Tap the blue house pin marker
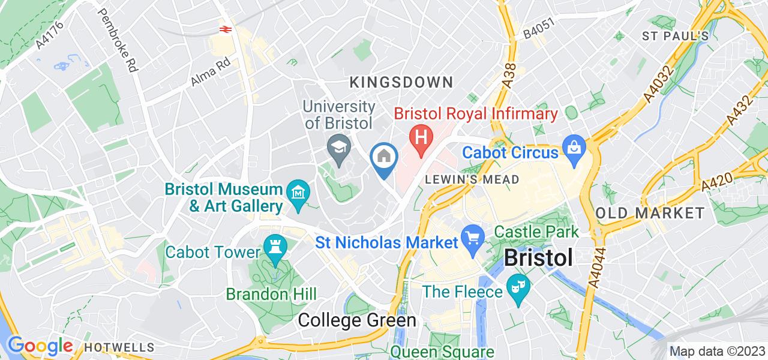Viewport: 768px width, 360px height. click(x=383, y=158)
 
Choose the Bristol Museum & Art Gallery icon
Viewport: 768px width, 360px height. click(x=298, y=193)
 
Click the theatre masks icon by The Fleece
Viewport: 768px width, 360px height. click(x=517, y=284)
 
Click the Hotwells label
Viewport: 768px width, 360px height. click(x=119, y=347)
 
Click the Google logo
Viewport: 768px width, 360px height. click(x=40, y=346)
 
